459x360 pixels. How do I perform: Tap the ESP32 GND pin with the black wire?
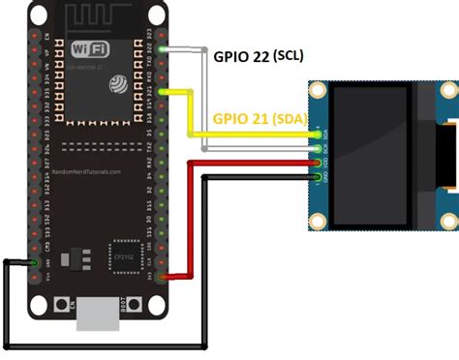35,262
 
